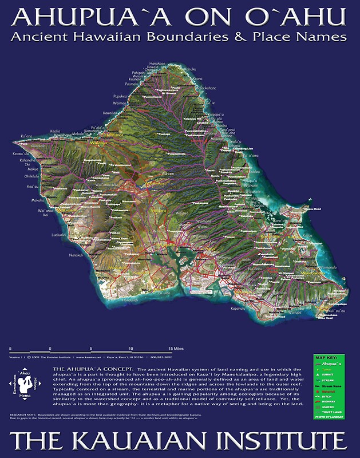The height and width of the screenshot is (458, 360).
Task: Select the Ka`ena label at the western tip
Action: click(26, 136)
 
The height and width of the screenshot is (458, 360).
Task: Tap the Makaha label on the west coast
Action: click(38, 200)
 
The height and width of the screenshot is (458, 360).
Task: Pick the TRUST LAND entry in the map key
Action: click(333, 413)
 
